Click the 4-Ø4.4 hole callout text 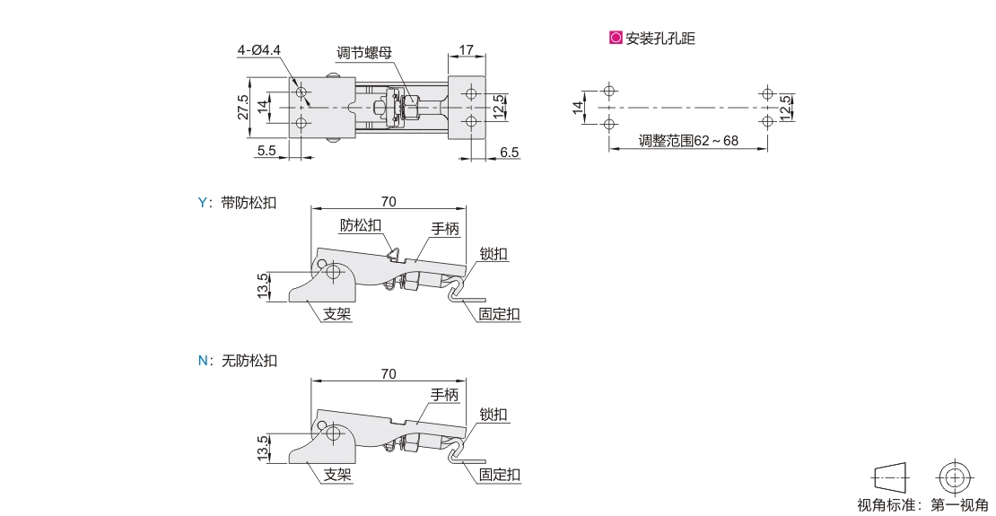[x=259, y=50]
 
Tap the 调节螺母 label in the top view [x=364, y=53]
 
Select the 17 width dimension [x=467, y=49]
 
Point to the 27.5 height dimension [x=242, y=108]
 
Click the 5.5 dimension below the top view [x=266, y=151]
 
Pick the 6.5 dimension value [x=510, y=153]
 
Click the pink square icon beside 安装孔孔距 [x=616, y=38]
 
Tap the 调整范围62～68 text [x=688, y=140]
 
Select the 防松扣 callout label [x=361, y=225]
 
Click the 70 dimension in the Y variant [x=389, y=201]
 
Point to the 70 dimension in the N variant [x=389, y=374]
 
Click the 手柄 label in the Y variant [x=445, y=228]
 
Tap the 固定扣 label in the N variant [x=499, y=475]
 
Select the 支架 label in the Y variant [x=337, y=314]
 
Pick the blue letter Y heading [x=203, y=203]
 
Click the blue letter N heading [x=204, y=361]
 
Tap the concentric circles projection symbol [x=955, y=477]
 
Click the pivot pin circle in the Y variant [x=334, y=273]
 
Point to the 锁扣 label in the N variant [x=494, y=415]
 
